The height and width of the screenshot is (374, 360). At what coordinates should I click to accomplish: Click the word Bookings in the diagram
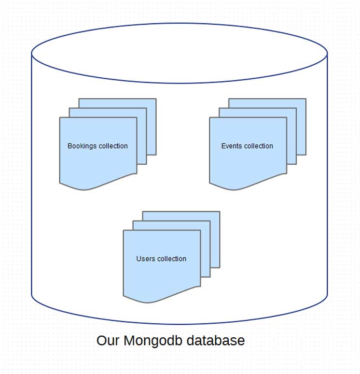(83, 146)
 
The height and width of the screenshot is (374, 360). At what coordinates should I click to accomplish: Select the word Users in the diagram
(145, 259)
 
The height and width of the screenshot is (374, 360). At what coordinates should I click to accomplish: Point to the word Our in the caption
(108, 341)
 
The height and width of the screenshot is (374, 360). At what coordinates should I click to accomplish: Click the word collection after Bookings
(113, 146)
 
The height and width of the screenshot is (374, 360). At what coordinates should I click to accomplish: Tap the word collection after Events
(259, 146)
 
